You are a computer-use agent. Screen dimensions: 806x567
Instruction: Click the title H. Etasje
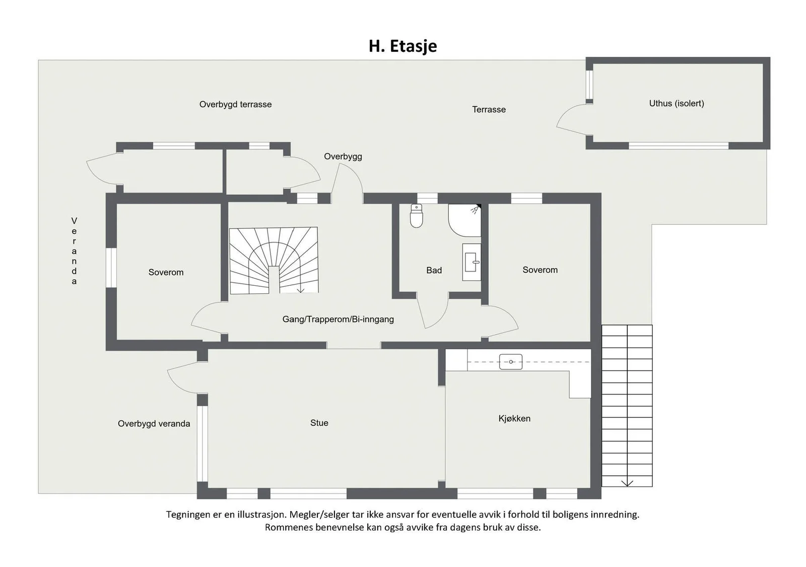[402, 46]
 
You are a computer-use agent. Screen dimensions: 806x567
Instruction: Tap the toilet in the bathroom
[416, 216]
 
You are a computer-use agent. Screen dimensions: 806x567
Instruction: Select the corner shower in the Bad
[464, 220]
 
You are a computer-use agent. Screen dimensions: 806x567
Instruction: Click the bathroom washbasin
[472, 262]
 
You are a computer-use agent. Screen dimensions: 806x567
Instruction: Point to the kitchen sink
[511, 362]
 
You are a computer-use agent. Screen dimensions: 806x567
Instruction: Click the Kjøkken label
[514, 419]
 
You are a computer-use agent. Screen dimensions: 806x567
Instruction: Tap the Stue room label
[319, 423]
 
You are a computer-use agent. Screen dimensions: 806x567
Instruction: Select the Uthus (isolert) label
[677, 104]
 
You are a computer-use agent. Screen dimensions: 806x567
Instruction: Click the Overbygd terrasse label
[235, 105]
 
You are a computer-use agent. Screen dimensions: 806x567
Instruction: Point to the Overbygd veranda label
[154, 424]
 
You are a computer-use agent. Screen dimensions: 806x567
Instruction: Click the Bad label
[434, 270]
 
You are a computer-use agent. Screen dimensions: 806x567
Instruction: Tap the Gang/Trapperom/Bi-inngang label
[338, 319]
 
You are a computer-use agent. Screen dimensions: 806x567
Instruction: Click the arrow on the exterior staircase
[627, 483]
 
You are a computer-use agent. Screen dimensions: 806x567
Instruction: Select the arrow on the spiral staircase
[300, 290]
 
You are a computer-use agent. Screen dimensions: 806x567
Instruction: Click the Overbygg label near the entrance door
[343, 156]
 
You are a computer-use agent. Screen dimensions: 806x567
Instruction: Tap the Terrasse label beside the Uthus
[489, 110]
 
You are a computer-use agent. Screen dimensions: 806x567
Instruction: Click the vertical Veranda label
[74, 251]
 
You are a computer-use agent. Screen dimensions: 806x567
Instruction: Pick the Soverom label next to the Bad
[540, 270]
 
